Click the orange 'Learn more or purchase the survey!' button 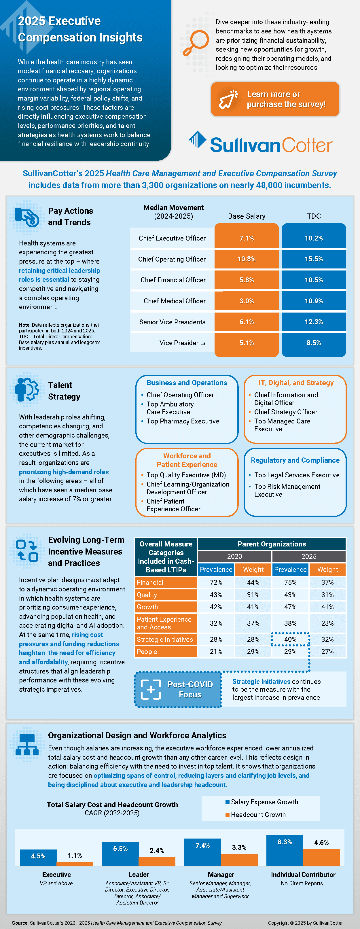pyautogui.click(x=275, y=99)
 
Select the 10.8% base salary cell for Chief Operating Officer pyautogui.click(x=246, y=259)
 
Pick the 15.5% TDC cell pyautogui.click(x=313, y=259)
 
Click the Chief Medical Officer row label pyautogui.click(x=174, y=301)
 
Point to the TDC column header pyautogui.click(x=313, y=216)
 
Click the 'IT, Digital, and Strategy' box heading pyautogui.click(x=295, y=383)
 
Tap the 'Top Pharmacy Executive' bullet pyautogui.click(x=183, y=421)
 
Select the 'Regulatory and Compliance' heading pyautogui.click(x=295, y=460)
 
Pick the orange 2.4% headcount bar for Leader pyautogui.click(x=157, y=861)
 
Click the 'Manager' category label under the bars pyautogui.click(x=221, y=875)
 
